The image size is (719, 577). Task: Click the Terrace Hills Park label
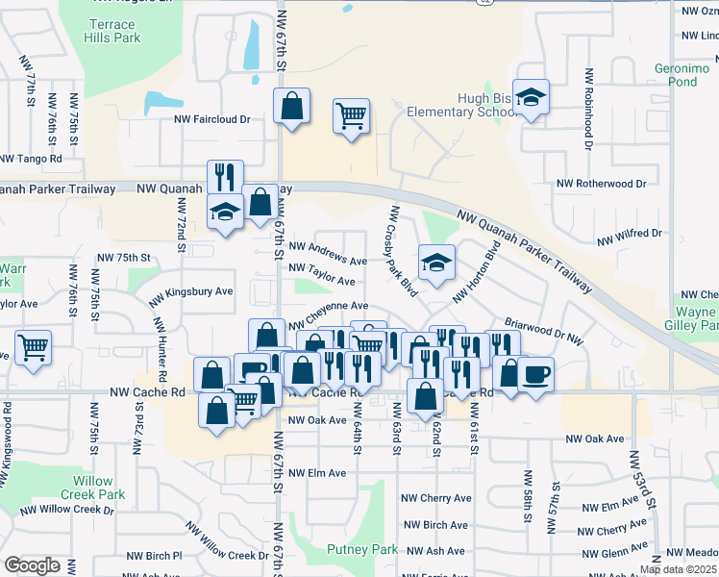coord(114,30)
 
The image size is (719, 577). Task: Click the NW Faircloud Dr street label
coord(211,120)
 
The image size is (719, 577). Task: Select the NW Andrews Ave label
coord(328,261)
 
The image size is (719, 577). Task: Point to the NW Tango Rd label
coord(31,159)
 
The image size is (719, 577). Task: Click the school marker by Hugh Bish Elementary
coord(530,97)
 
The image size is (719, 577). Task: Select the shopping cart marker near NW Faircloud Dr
coord(352,116)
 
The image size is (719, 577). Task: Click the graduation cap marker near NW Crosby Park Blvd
coord(436,262)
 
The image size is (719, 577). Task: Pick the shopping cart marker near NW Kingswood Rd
coord(34,347)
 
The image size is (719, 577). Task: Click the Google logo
coord(32,564)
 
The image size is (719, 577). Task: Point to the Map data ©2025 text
coord(678,569)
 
